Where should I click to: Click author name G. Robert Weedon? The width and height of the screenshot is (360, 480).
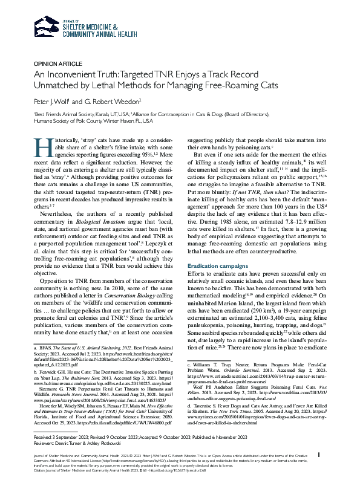[115, 100]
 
